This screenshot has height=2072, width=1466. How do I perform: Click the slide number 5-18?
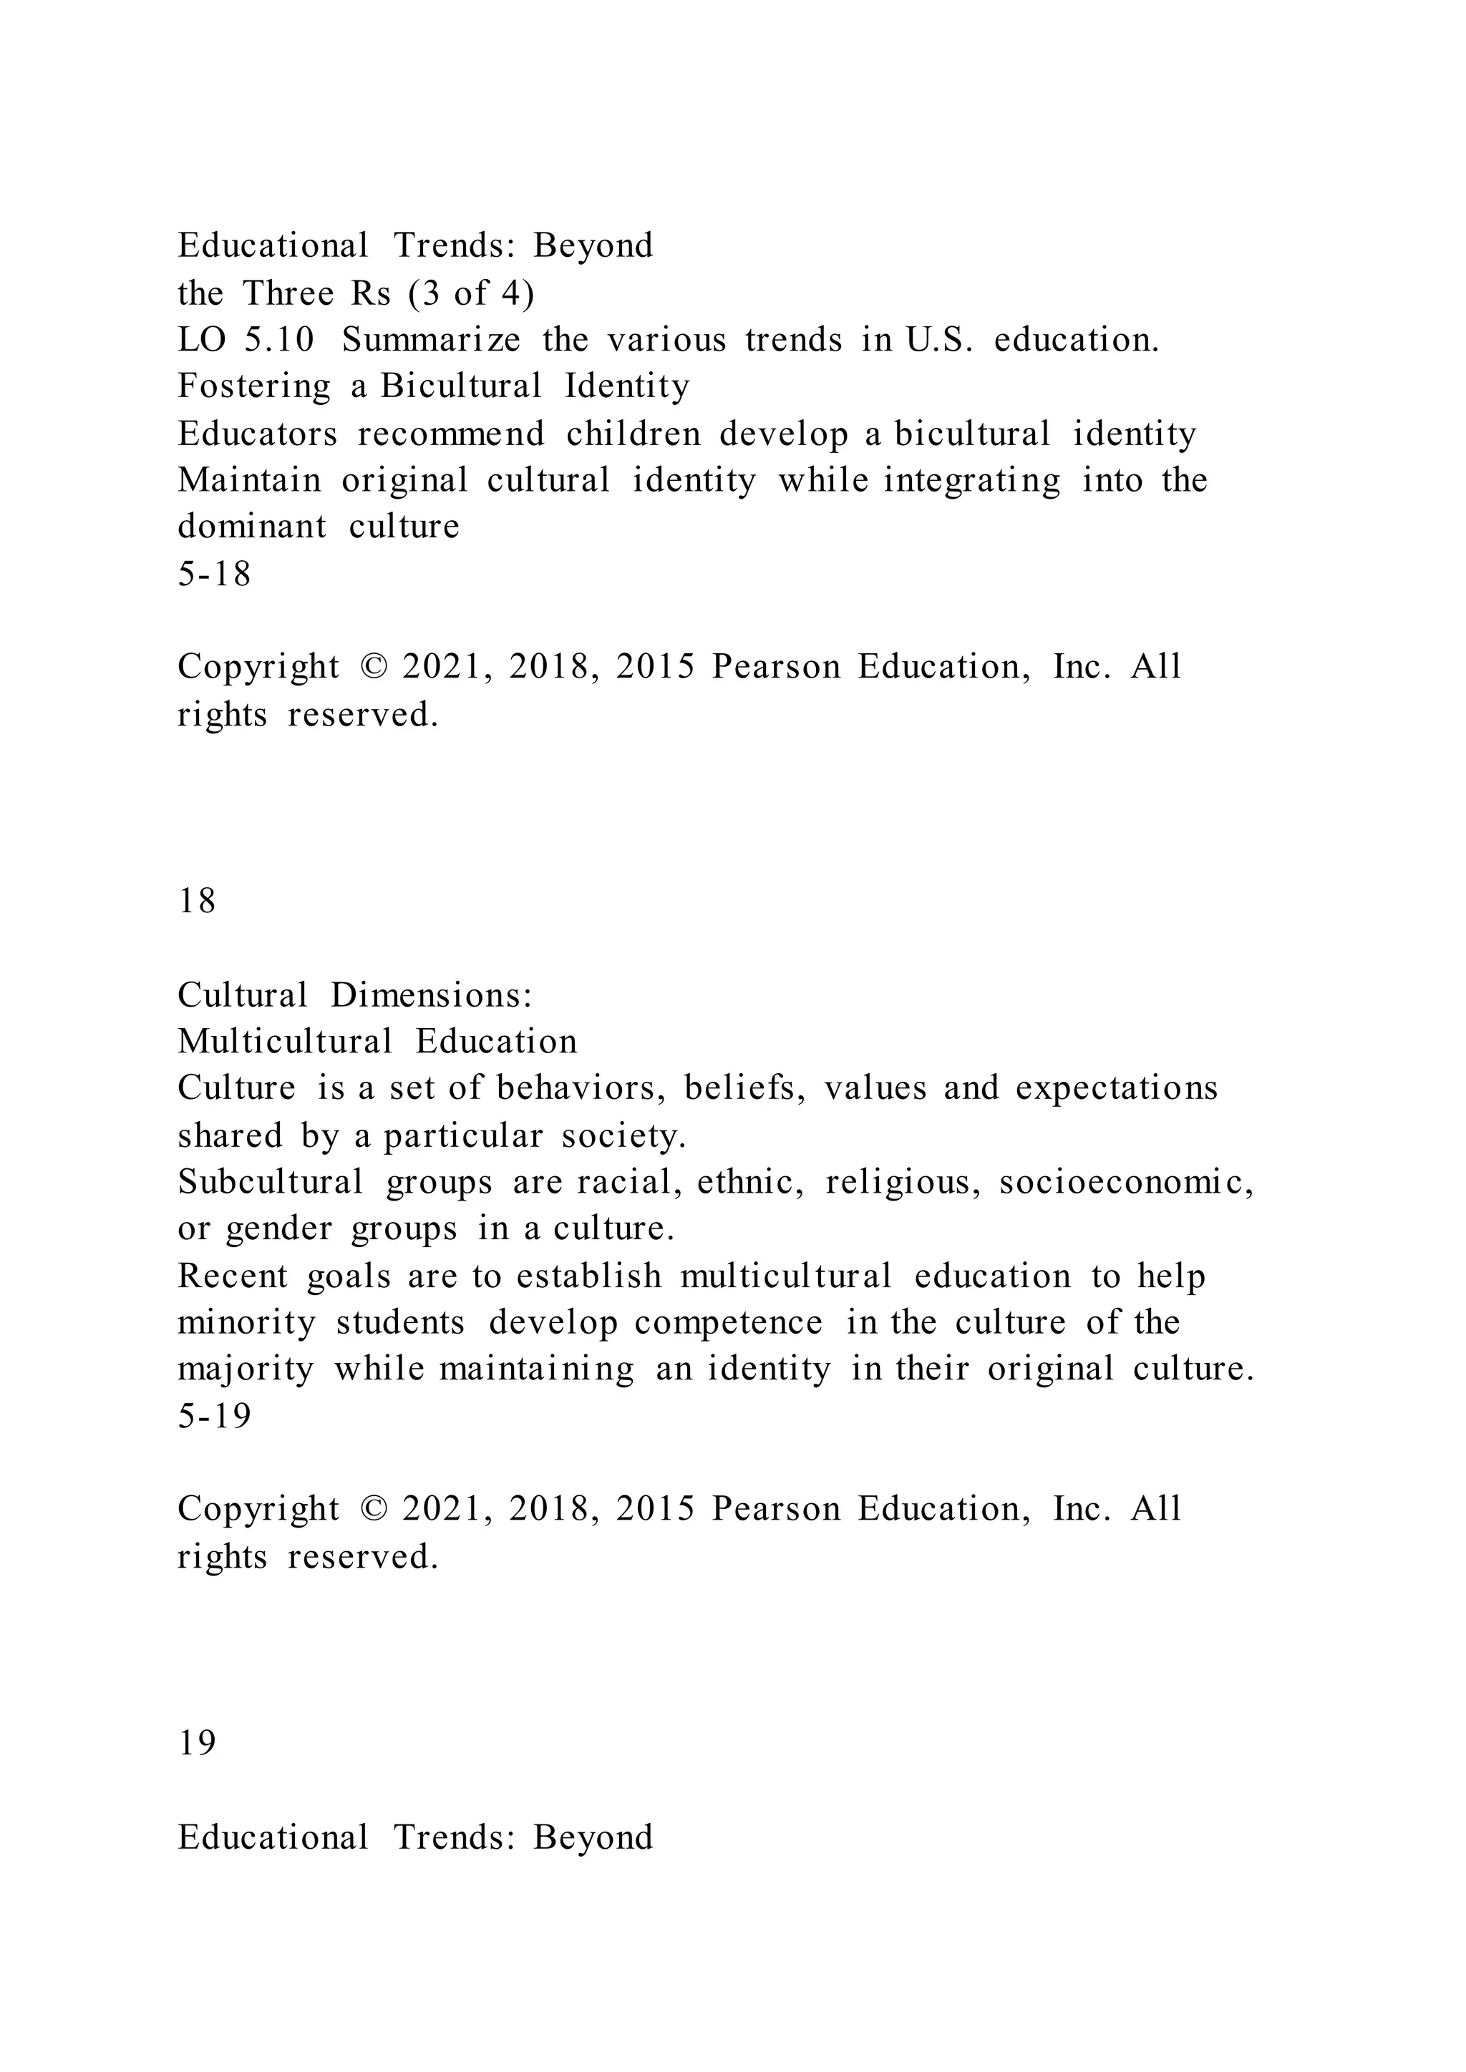[214, 574]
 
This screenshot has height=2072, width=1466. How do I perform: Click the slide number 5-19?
[214, 1416]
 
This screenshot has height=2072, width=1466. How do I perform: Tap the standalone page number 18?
[197, 901]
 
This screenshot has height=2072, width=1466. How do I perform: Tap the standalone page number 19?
[197, 1743]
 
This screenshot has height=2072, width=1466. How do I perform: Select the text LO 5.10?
[246, 341]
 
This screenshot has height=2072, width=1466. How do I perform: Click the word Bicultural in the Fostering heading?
[460, 386]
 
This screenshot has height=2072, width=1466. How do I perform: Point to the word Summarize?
[431, 341]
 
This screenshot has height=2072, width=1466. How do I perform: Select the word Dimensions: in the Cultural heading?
[431, 995]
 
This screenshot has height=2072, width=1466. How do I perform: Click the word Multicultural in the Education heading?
[284, 1042]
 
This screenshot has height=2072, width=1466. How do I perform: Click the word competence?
[727, 1323]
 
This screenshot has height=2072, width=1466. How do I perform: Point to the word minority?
[246, 1323]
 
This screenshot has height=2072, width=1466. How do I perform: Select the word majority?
[246, 1370]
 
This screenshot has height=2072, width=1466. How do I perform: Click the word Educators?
[257, 434]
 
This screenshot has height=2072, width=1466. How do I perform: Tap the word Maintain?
[248, 480]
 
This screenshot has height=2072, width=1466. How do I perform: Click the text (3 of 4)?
[471, 293]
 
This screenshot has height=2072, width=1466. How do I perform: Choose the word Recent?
[233, 1276]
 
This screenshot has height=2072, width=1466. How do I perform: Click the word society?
[623, 1136]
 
